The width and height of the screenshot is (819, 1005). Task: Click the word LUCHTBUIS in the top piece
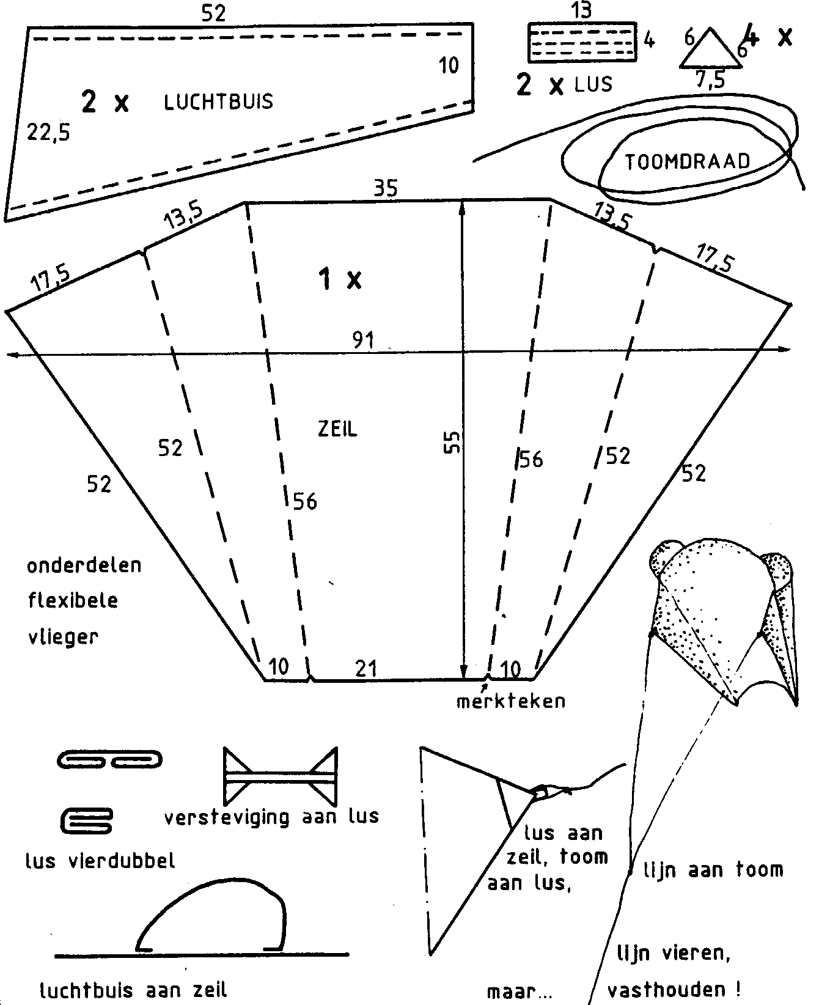click(218, 101)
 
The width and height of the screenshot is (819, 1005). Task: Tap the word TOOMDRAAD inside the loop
click(687, 161)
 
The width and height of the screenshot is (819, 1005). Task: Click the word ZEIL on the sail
click(337, 429)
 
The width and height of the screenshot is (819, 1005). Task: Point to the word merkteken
click(511, 701)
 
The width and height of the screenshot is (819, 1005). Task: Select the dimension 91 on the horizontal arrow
click(363, 340)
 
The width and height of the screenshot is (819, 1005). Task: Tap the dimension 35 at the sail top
click(386, 188)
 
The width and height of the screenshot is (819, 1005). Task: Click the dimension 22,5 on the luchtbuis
click(48, 132)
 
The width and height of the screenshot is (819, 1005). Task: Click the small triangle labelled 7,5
click(710, 49)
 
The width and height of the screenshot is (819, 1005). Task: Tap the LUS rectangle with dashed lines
click(582, 42)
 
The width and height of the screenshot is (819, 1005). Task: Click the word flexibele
click(73, 600)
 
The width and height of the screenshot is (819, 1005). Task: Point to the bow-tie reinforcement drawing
click(281, 776)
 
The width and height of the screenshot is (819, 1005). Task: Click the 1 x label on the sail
click(340, 279)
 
